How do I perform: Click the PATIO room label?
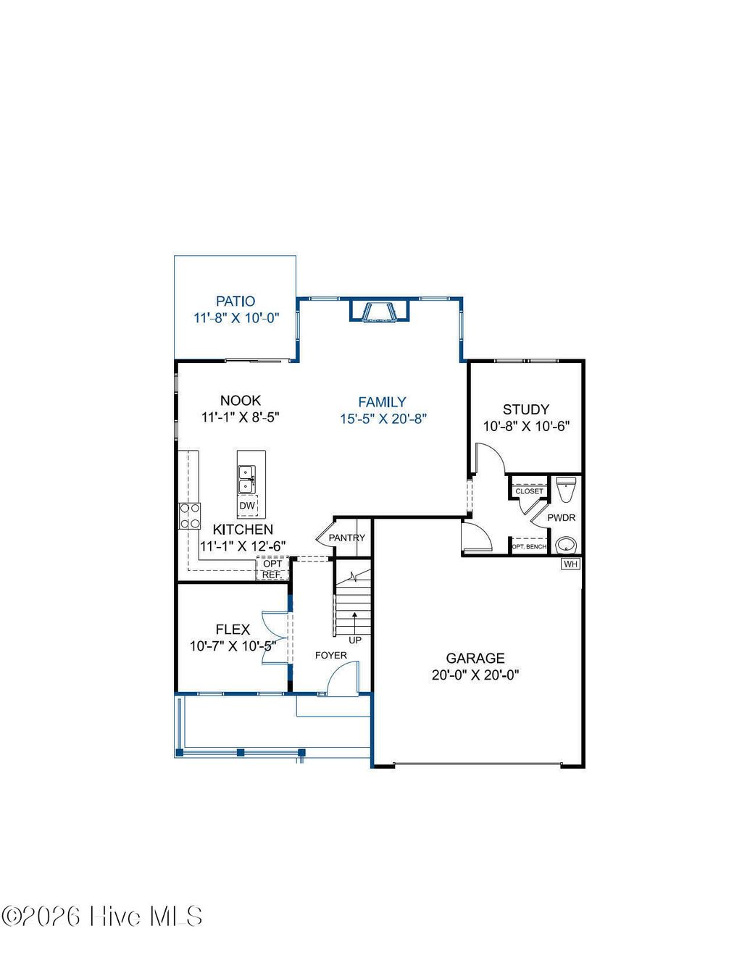tap(235, 301)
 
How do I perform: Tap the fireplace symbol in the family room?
tap(380, 311)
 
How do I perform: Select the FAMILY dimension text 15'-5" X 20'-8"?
tap(383, 419)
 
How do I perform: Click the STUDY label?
tap(526, 409)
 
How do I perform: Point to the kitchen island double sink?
tap(246, 479)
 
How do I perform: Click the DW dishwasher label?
tap(247, 506)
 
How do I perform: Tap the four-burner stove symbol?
tap(190, 516)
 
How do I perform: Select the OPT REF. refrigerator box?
tap(272, 569)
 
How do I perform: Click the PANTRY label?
tap(347, 538)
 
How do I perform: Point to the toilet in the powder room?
tap(566, 489)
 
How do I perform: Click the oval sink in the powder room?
tap(566, 544)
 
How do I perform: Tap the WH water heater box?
tap(571, 564)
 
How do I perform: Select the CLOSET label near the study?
tap(529, 491)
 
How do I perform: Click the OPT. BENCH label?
tap(529, 546)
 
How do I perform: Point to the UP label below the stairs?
tap(355, 640)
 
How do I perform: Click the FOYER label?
tap(330, 656)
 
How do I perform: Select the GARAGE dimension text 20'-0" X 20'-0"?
tap(475, 675)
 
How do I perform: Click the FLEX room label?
tap(233, 630)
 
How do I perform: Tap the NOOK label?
tap(241, 400)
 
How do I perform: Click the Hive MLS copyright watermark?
tap(102, 917)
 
